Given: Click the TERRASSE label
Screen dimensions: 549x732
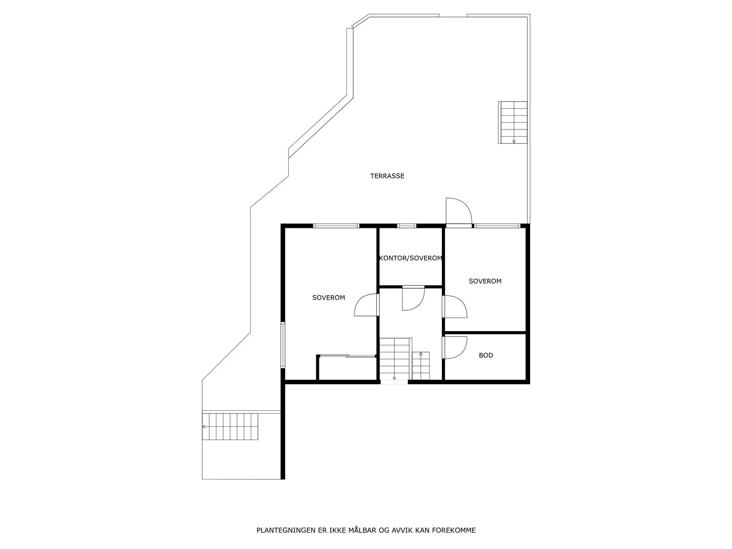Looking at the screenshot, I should click(387, 176).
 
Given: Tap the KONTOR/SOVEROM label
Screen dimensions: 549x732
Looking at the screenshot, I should click(411, 258).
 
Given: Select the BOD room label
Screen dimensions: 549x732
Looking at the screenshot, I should click(486, 355).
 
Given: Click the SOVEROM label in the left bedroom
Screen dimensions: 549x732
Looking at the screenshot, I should click(328, 298).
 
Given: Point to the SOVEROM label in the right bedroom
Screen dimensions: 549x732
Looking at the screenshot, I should click(485, 281).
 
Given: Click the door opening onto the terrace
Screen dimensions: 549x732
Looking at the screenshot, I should click(458, 211).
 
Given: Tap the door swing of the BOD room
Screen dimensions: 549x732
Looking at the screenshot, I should click(455, 348).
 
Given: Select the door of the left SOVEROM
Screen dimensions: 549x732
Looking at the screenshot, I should click(367, 305).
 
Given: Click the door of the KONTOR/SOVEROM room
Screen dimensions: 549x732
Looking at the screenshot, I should click(413, 298).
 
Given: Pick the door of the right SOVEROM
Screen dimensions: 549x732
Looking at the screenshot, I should click(455, 307).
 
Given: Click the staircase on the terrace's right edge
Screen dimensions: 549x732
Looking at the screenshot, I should click(512, 123).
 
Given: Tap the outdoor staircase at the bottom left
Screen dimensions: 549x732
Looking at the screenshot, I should click(231, 426).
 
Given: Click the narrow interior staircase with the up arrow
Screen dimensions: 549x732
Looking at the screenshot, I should click(421, 366).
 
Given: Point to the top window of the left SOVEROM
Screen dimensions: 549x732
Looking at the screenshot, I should click(336, 226).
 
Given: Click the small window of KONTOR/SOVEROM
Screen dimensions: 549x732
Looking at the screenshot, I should click(407, 226).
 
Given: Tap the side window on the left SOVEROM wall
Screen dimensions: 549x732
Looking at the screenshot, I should click(283, 345).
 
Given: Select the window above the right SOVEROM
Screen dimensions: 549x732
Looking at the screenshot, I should click(497, 226).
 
